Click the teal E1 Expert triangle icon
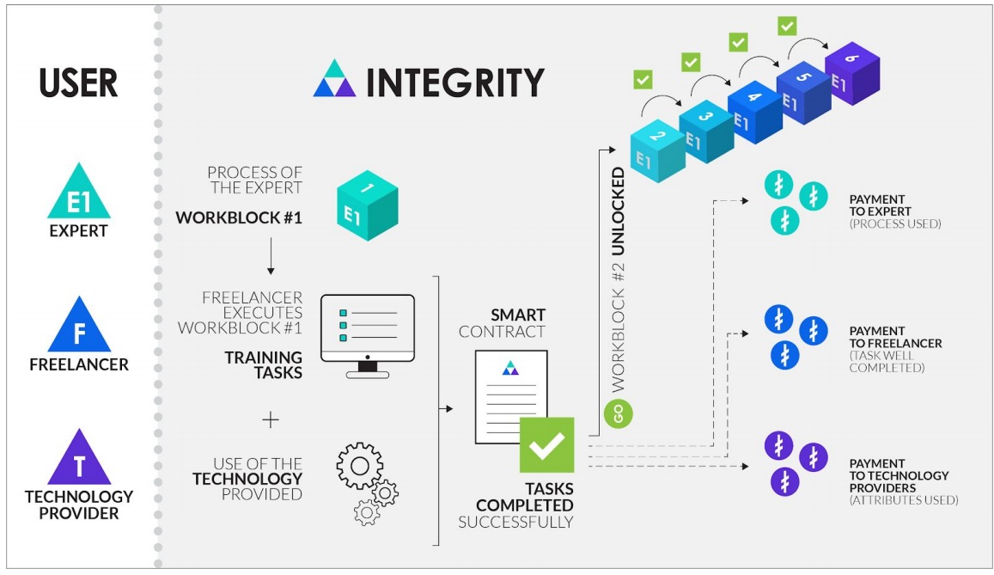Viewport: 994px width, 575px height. click(78, 195)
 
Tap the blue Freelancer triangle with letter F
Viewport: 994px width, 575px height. click(78, 327)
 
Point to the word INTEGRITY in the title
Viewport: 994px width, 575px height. click(454, 83)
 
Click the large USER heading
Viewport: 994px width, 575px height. click(78, 83)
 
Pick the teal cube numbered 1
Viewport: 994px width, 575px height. click(367, 204)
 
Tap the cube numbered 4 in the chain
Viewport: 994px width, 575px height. click(754, 110)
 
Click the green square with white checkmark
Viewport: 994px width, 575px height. click(546, 443)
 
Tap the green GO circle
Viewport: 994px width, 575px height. click(619, 413)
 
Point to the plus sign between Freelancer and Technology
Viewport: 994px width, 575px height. click(271, 419)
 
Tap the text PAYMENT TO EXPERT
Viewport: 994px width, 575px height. click(880, 205)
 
